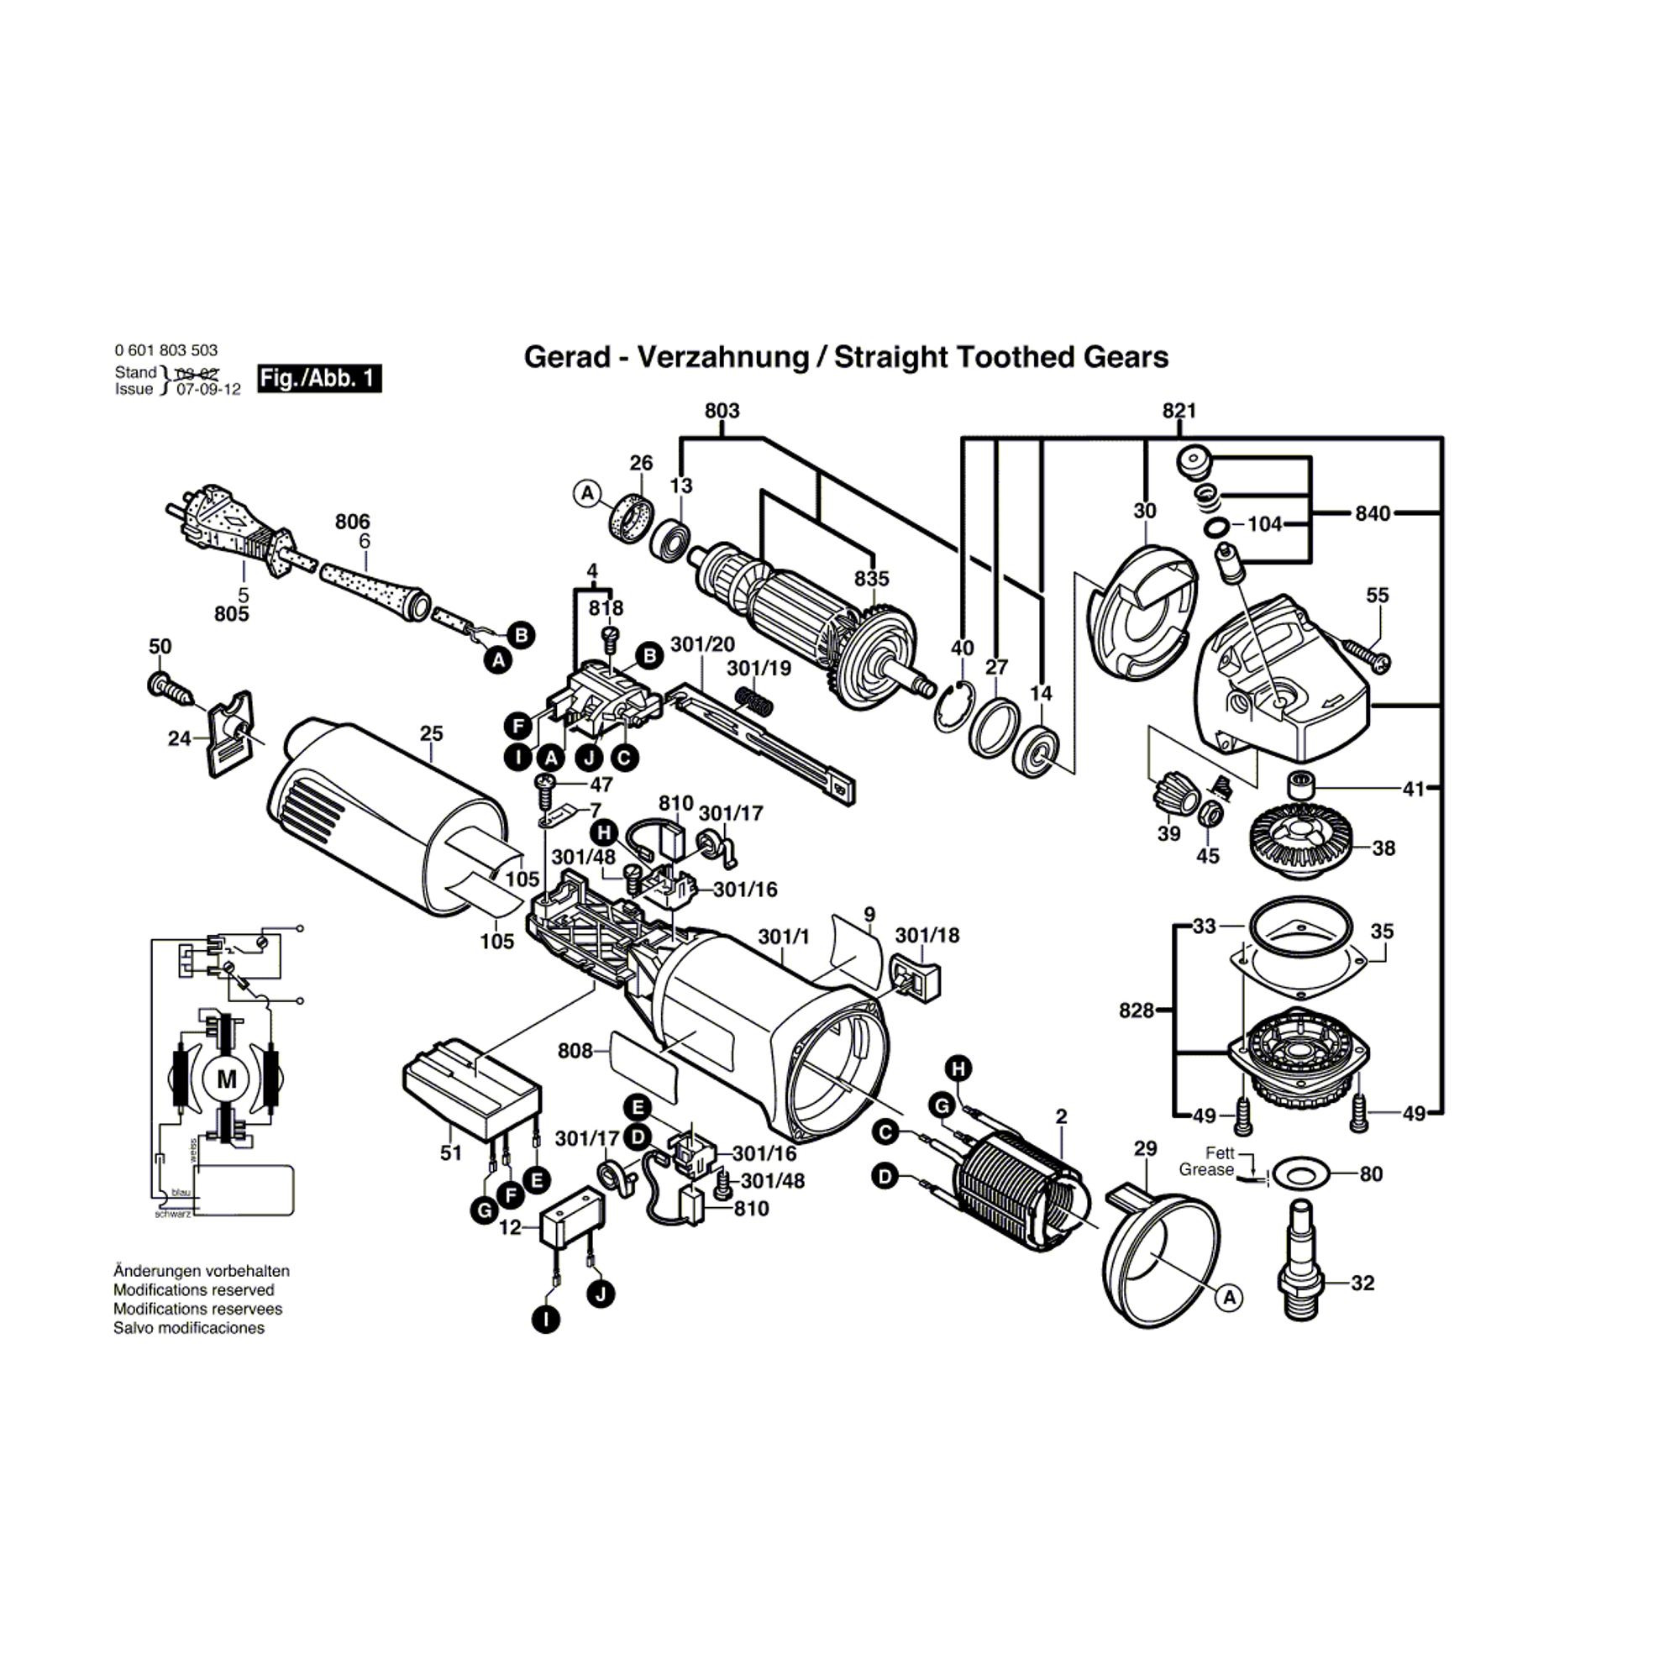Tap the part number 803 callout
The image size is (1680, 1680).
tap(722, 411)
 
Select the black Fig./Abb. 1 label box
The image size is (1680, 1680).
tap(320, 378)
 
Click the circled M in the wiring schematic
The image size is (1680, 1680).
tap(226, 1079)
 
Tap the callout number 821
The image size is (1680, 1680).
tap(1179, 411)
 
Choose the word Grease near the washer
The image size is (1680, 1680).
tap(1206, 1170)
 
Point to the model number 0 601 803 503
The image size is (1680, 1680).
tap(166, 350)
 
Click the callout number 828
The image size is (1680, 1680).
tap(1136, 1011)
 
